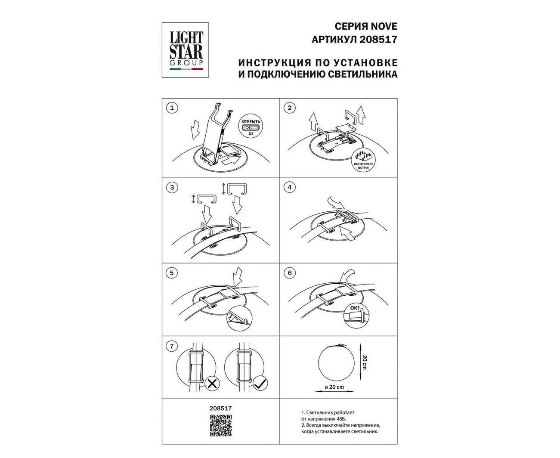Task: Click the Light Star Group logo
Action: pos(186,50)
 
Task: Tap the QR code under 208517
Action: pos(221,425)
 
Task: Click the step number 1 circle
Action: pos(172,108)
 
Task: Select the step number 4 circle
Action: pos(289,187)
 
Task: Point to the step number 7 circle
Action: pos(172,346)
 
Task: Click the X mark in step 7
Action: pos(212,384)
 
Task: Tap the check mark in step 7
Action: pos(260,384)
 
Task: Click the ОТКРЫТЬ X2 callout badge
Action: pos(251,127)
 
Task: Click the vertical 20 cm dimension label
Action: pos(365,362)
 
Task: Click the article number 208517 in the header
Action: pos(378,40)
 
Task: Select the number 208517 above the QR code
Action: pos(220,408)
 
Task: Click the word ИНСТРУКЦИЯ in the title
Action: pos(275,63)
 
